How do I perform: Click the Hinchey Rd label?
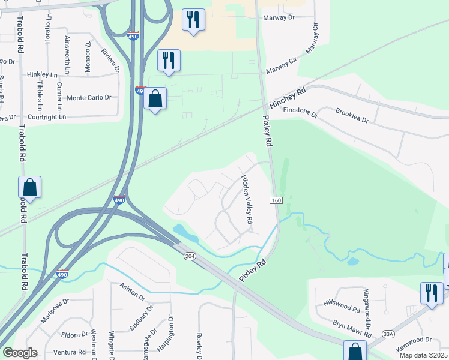pyautogui.click(x=288, y=98)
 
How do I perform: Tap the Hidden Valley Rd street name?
pyautogui.click(x=247, y=200)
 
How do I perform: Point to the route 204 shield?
pyautogui.click(x=190, y=256)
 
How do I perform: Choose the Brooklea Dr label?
pyautogui.click(x=352, y=116)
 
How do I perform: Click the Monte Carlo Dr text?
pyautogui.click(x=89, y=98)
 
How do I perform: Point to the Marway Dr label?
pyautogui.click(x=279, y=18)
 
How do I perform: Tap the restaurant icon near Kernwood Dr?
pyautogui.click(x=432, y=293)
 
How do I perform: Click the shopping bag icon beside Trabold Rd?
pyautogui.click(x=29, y=187)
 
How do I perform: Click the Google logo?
pyautogui.click(x=20, y=353)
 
